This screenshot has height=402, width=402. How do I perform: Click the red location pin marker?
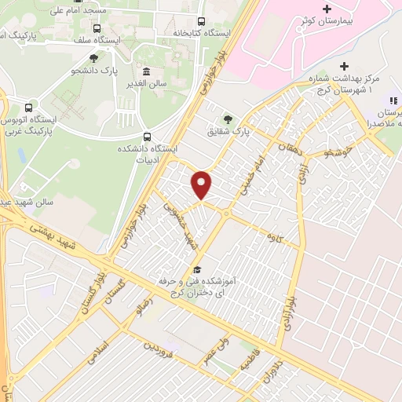[x=202, y=184]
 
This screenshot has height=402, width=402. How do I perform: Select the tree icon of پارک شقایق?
[x=228, y=119]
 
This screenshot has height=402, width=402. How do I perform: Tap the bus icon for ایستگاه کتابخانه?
[x=202, y=21]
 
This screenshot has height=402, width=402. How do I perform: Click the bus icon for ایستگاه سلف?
[x=97, y=27]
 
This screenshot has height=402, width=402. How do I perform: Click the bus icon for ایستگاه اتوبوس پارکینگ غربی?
[x=29, y=107]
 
